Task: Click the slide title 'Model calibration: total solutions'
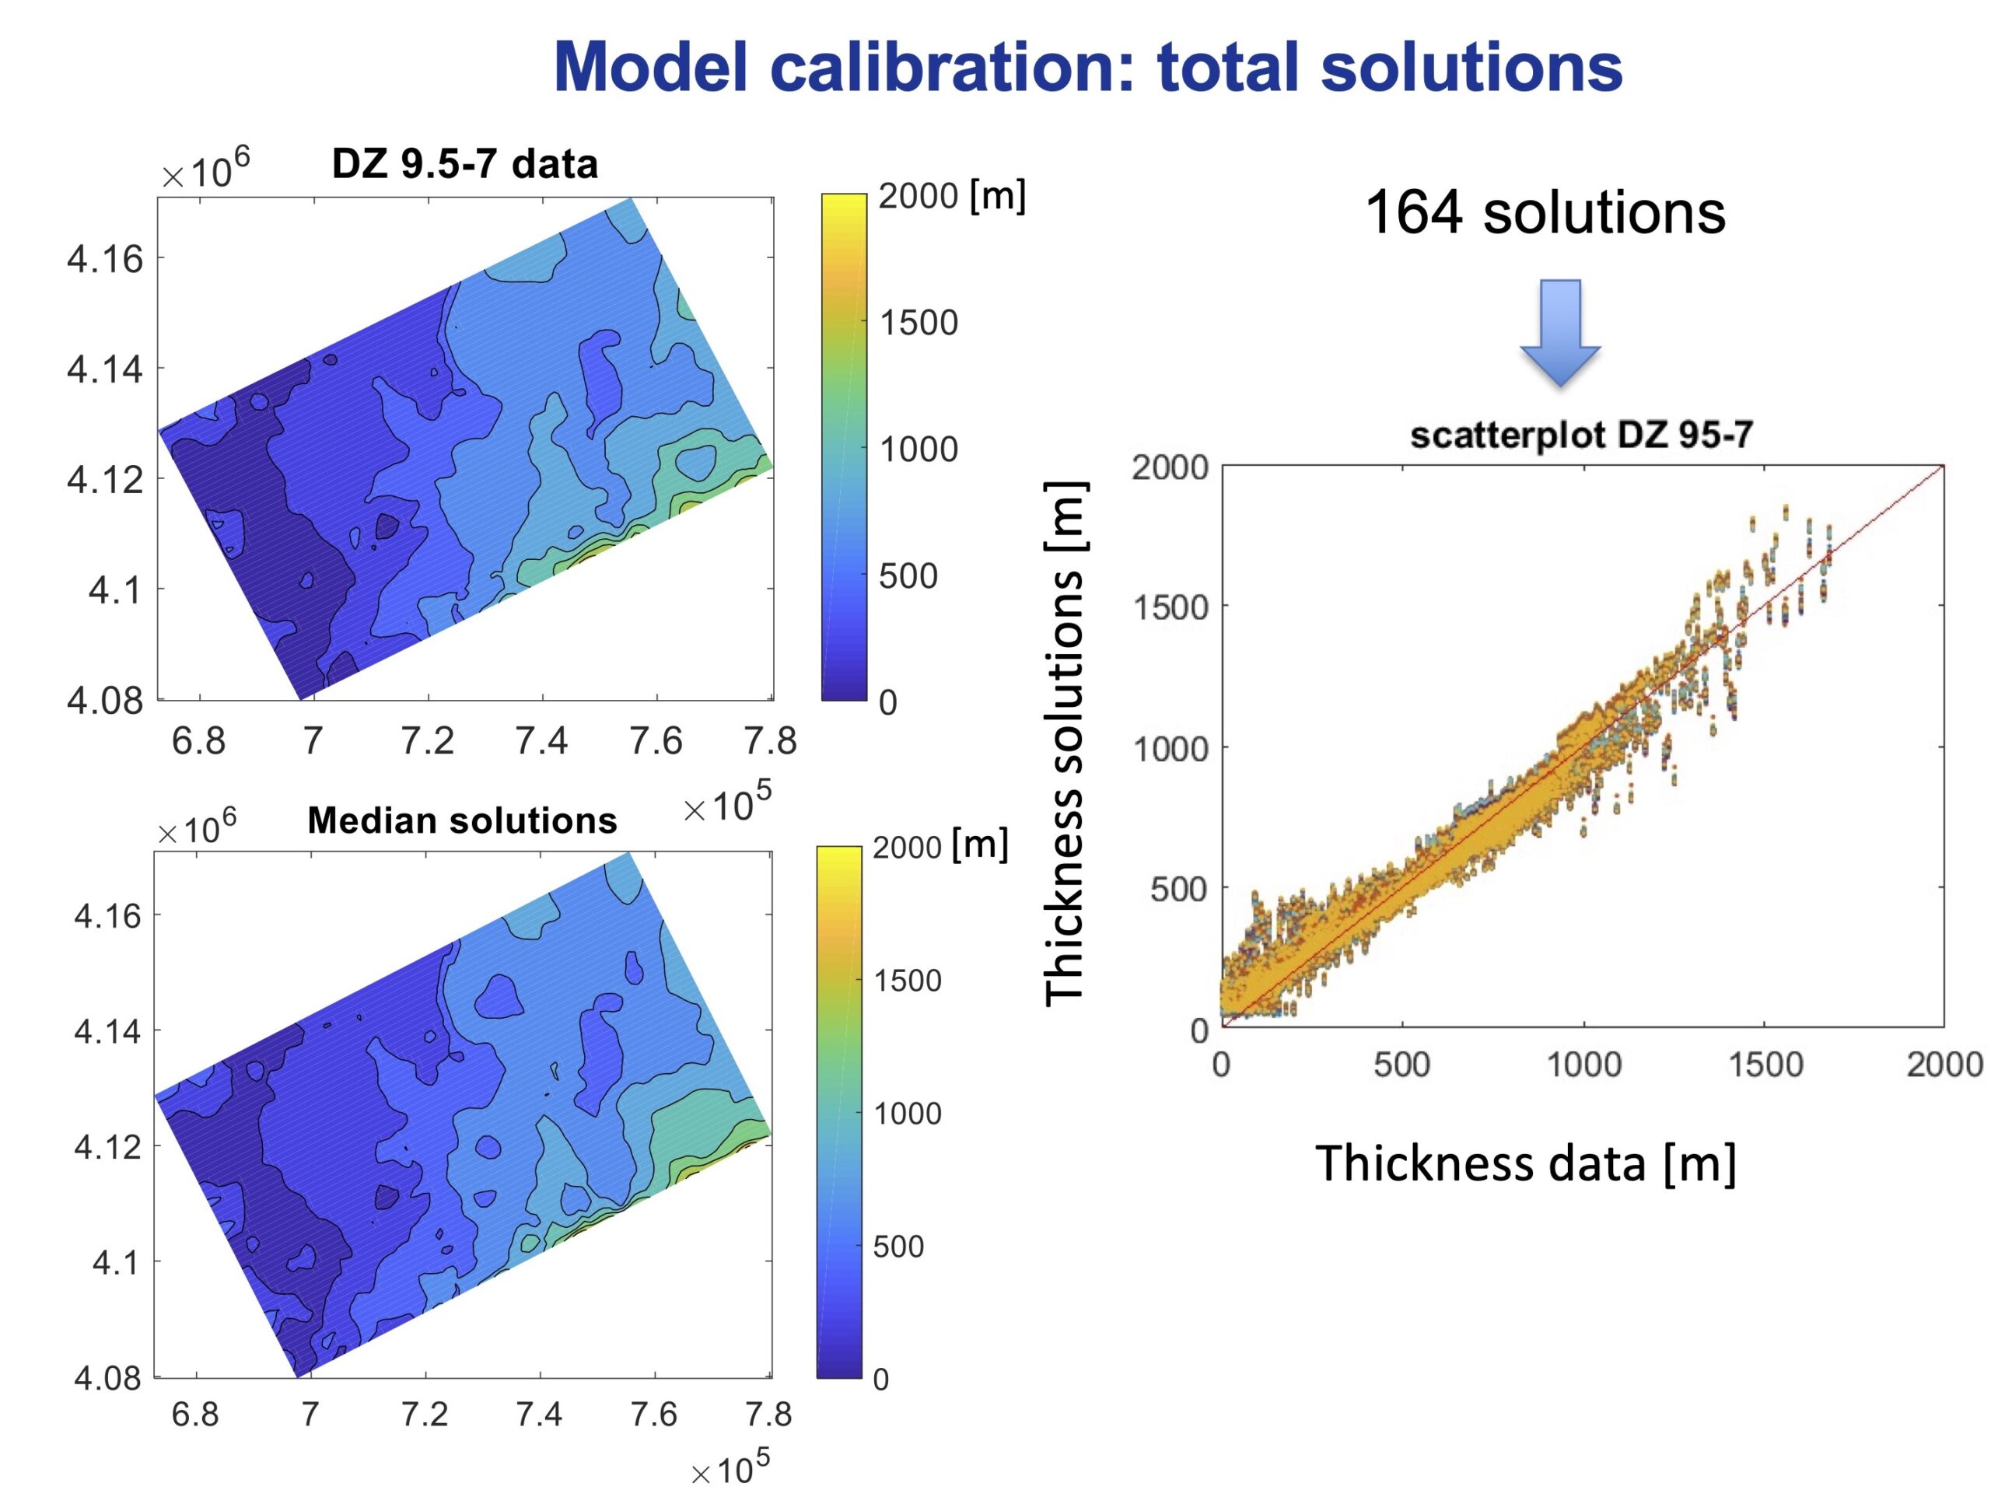coord(1087,67)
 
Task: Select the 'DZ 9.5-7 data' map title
coord(464,164)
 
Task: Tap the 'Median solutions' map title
coord(463,820)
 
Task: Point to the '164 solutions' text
coord(1545,213)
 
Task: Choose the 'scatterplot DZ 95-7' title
coord(1581,435)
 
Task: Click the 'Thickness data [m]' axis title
coord(1526,1163)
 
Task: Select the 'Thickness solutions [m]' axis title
coord(1065,743)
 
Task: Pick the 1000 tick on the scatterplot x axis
coord(1583,1065)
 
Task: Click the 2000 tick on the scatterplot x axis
coord(1944,1065)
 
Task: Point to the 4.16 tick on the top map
coord(104,259)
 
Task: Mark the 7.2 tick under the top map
coord(427,740)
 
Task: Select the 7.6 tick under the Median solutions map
coord(653,1415)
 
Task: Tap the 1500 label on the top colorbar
coord(918,322)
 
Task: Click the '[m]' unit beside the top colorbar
coord(997,195)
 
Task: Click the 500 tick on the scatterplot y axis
coord(1178,889)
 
